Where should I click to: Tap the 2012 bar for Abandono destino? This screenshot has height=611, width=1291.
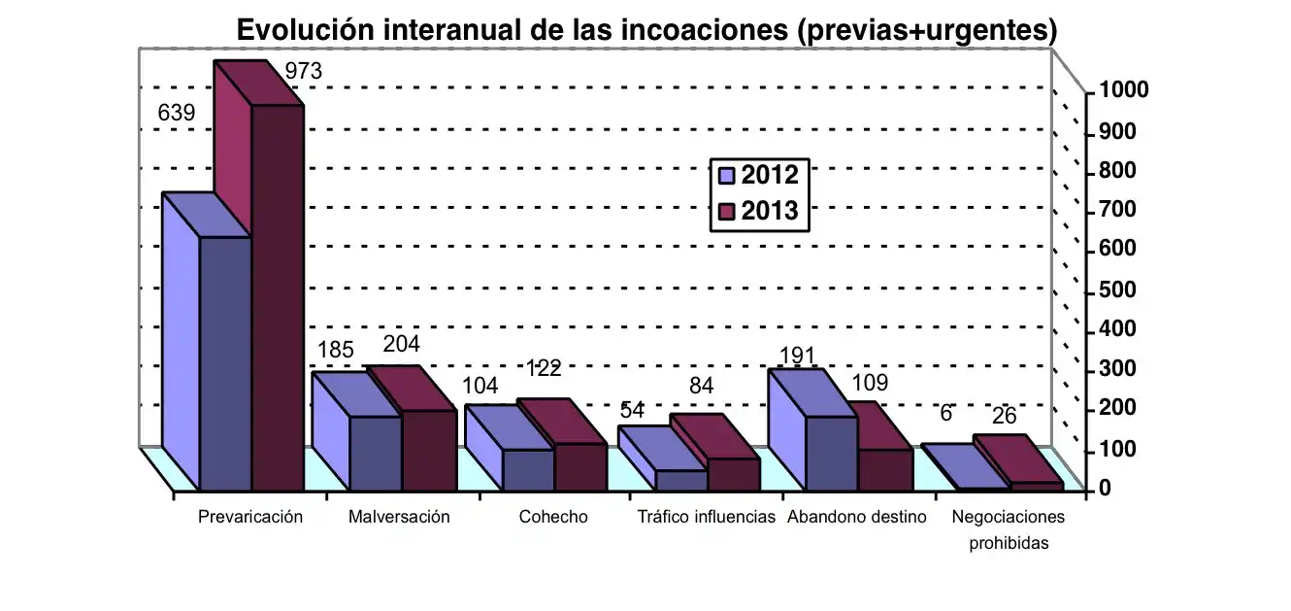[x=831, y=452]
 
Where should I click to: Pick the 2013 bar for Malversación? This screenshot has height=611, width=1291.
[x=429, y=450]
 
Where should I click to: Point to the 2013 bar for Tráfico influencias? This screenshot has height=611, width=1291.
[x=734, y=473]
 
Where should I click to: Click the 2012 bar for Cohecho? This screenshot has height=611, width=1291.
[x=528, y=469]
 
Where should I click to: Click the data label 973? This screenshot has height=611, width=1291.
[x=302, y=71]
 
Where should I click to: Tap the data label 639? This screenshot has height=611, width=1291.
[x=177, y=113]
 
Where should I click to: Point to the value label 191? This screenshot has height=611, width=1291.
[x=797, y=356]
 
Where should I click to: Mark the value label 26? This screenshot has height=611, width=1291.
[x=1005, y=416]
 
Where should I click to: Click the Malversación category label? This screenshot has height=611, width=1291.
[x=399, y=517]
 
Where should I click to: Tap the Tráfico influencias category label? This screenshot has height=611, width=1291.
[x=706, y=517]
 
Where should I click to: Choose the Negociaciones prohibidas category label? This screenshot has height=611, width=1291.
[x=1009, y=529]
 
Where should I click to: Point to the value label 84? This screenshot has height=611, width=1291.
[x=702, y=387]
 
